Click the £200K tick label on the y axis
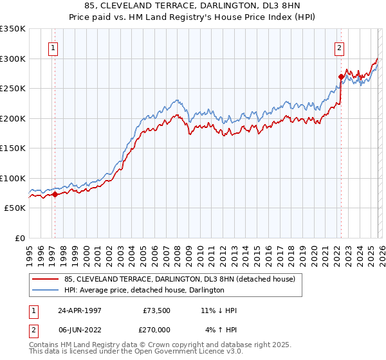(13, 118)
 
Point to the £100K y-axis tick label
(13, 178)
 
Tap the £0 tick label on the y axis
(20, 238)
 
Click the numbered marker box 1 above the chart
(51, 47)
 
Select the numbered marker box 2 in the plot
(338, 47)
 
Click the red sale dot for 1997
(55, 194)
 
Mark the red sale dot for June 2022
(341, 76)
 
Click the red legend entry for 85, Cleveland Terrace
(179, 279)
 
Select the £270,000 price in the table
(156, 330)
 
